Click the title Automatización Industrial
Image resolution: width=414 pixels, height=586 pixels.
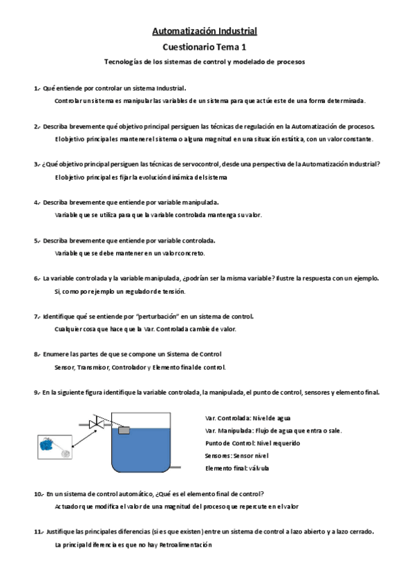[204, 31]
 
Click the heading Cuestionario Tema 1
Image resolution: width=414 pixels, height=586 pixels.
[204, 47]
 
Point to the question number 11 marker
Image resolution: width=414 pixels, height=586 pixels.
[39, 532]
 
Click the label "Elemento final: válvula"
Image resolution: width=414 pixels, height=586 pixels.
[237, 468]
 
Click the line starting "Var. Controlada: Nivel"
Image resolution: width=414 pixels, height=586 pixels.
[248, 418]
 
